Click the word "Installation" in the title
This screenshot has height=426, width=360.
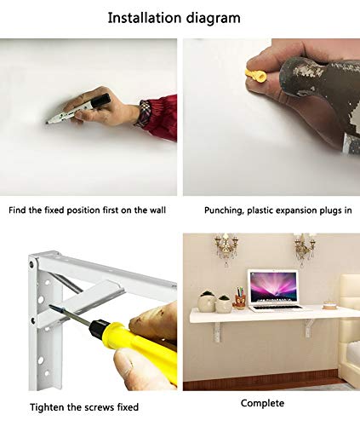click(145, 18)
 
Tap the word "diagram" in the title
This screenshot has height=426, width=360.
click(214, 19)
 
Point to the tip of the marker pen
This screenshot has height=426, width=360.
click(47, 123)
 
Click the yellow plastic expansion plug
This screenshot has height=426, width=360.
click(255, 76)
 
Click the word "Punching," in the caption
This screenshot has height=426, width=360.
click(224, 210)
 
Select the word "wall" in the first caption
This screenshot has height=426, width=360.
click(157, 210)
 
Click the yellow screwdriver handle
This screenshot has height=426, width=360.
click(147, 348)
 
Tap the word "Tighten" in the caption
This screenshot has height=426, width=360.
click(48, 407)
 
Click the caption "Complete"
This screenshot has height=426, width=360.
click(262, 403)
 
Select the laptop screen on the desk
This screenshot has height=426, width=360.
click(272, 286)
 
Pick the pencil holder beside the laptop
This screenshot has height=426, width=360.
click(240, 301)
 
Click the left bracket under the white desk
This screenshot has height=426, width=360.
click(218, 332)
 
